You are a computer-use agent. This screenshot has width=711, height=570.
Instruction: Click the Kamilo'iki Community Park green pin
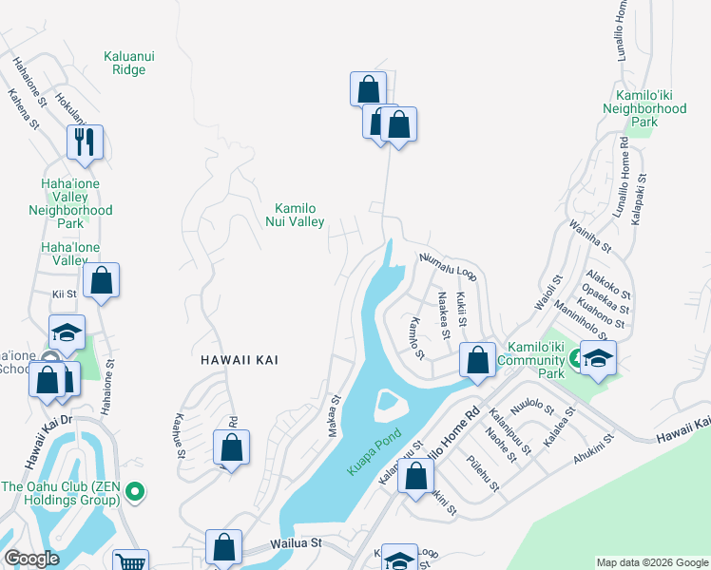pos(574,358)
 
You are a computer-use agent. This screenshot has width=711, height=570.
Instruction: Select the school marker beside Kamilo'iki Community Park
pos(598,358)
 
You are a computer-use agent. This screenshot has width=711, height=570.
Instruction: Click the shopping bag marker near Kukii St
pos(477,360)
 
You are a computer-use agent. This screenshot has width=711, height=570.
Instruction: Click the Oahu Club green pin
pos(135,492)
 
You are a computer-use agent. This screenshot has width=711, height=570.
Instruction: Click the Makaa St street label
pos(334,418)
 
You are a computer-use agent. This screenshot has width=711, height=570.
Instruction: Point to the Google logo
pos(31,559)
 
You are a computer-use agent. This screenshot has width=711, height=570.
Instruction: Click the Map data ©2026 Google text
pos(651,562)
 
